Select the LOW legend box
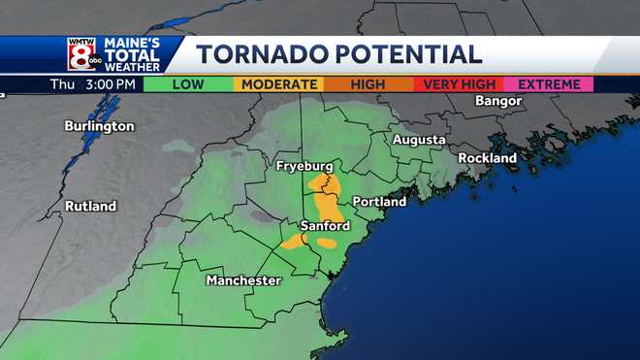coord(188,84)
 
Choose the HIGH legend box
coord(367,84)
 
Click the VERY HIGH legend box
coord(456,84)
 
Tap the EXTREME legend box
coord(548,84)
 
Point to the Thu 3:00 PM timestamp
coord(92,84)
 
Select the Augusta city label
coord(419,141)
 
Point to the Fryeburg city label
coord(305,166)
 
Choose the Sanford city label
coord(324,226)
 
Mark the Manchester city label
coord(243,280)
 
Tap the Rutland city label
coord(90,207)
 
